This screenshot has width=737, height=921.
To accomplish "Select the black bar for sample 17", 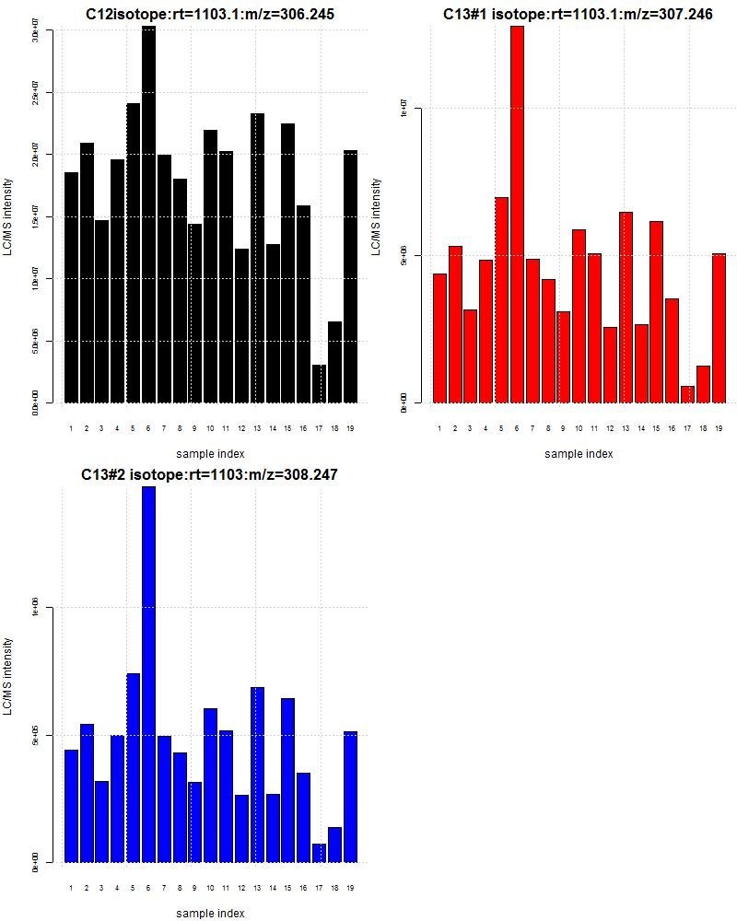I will [319, 384].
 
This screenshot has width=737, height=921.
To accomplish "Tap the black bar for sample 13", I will [257, 258].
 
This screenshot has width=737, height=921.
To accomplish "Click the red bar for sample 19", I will [719, 328].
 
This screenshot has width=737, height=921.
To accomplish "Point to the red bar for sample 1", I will [439, 338].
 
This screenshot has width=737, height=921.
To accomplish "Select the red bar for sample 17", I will [687, 394].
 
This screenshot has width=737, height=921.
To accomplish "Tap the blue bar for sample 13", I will [257, 775].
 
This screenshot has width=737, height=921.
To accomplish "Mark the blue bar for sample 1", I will [71, 806].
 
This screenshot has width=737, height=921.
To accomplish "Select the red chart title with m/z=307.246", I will [578, 15].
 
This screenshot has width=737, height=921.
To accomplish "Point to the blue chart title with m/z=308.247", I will [209, 475].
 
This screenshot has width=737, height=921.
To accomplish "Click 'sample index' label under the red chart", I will [579, 453].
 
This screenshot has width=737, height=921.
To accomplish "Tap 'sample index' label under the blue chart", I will [210, 914].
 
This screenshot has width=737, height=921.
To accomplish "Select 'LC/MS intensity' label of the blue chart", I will [8, 676].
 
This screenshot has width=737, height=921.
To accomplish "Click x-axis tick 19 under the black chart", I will [350, 428].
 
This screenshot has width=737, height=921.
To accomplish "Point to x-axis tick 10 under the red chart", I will [579, 428].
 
